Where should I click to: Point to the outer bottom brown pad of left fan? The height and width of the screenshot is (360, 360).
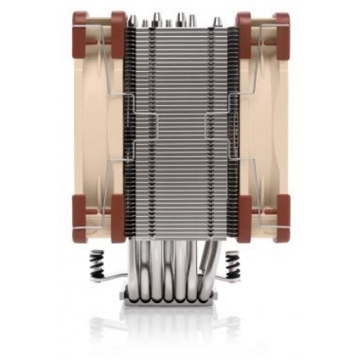click(80, 219)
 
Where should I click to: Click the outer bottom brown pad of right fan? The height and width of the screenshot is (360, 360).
click(282, 219)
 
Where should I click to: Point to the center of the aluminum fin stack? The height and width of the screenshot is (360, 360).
click(180, 124)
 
